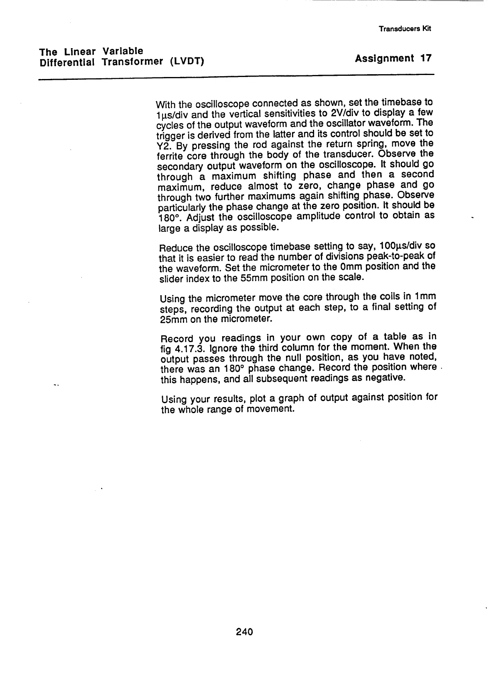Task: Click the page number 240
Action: (x=244, y=632)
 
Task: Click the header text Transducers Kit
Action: (x=405, y=29)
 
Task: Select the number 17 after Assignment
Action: (x=425, y=59)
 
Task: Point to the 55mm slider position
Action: (x=237, y=278)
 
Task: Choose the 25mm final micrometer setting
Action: (x=171, y=320)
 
